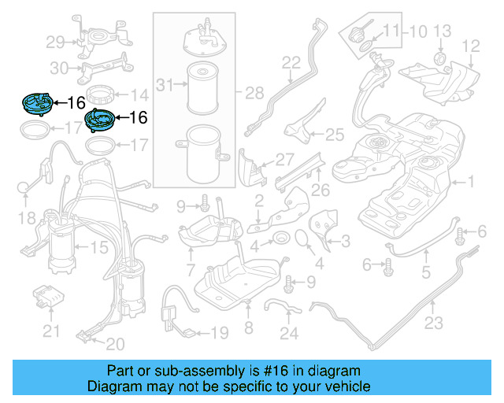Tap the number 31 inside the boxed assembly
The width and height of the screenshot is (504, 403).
165,84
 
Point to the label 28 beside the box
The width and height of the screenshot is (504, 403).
254,94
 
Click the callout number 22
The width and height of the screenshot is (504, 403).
291,62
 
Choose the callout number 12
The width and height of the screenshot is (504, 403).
470,46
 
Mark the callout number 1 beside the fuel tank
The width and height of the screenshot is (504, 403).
471,183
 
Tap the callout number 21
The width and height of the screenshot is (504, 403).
51,331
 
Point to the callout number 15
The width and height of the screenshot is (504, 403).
98,247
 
